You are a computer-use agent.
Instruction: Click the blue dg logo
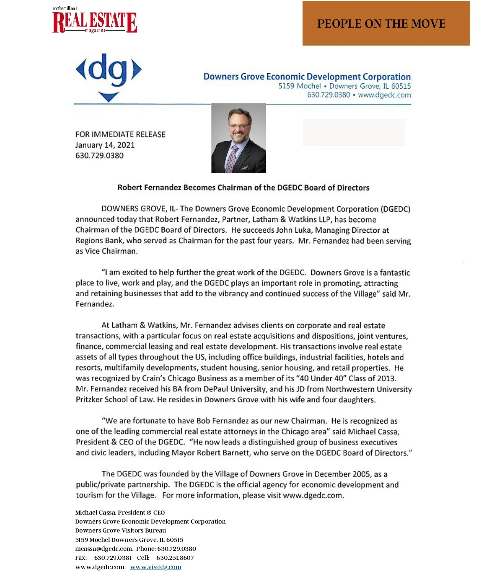(109, 75)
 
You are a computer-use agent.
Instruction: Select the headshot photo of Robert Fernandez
(238, 138)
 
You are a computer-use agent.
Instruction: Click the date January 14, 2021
(105, 145)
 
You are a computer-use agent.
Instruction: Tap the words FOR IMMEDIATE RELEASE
(120, 135)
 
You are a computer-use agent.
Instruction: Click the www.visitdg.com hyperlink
(155, 567)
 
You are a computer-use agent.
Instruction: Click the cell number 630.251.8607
(175, 558)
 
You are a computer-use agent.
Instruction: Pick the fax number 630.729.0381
(113, 558)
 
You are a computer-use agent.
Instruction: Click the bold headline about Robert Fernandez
(243, 188)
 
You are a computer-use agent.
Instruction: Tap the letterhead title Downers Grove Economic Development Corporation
(307, 77)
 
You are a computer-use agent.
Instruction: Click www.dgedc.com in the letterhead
(384, 95)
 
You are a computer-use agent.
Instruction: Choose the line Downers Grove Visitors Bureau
(120, 530)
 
